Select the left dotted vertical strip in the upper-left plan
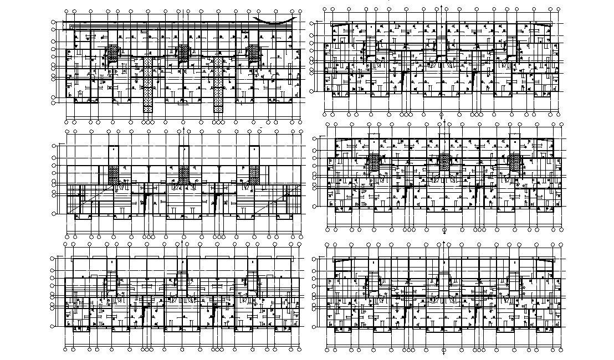pyautogui.click(x=147, y=83)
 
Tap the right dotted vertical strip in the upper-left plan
pyautogui.click(x=219, y=83)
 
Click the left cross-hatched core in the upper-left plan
pyautogui.click(x=113, y=53)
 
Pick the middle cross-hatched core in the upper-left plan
pyautogui.click(x=183, y=53)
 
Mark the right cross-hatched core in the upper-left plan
pyautogui.click(x=254, y=53)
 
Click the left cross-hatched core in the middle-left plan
pyautogui.click(x=114, y=174)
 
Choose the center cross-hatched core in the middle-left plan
pyautogui.click(x=183, y=174)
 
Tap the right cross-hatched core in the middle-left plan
pyautogui.click(x=254, y=174)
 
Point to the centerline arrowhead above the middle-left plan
pyautogui.click(x=183, y=128)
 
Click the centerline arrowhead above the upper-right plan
pyautogui.click(x=442, y=7)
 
